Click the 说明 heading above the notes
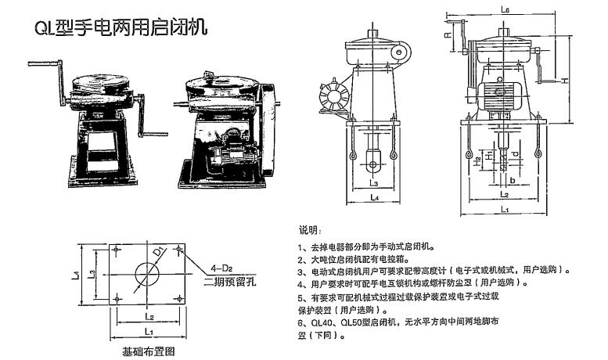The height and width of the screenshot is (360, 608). tap(310, 231)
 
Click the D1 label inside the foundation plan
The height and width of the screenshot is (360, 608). tap(158, 253)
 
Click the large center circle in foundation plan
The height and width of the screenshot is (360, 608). tap(146, 275)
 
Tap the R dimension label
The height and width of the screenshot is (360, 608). tap(447, 35)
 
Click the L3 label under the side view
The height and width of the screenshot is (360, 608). tap(375, 183)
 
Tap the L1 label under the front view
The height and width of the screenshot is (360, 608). tap(506, 210)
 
